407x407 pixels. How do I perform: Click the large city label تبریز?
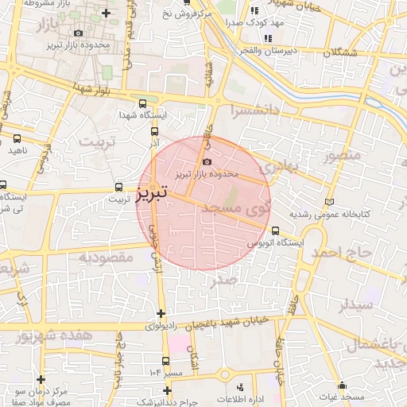(x=151, y=192)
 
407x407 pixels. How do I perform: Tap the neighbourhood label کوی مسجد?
(x=238, y=210)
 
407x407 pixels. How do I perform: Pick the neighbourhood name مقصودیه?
(x=104, y=258)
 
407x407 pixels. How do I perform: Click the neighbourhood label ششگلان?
(x=341, y=52)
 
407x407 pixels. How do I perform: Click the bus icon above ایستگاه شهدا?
(x=142, y=103)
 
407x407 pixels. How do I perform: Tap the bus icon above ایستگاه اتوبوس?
(x=275, y=231)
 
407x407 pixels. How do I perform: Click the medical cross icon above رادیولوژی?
(x=161, y=313)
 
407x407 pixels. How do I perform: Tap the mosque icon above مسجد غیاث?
(x=343, y=385)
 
